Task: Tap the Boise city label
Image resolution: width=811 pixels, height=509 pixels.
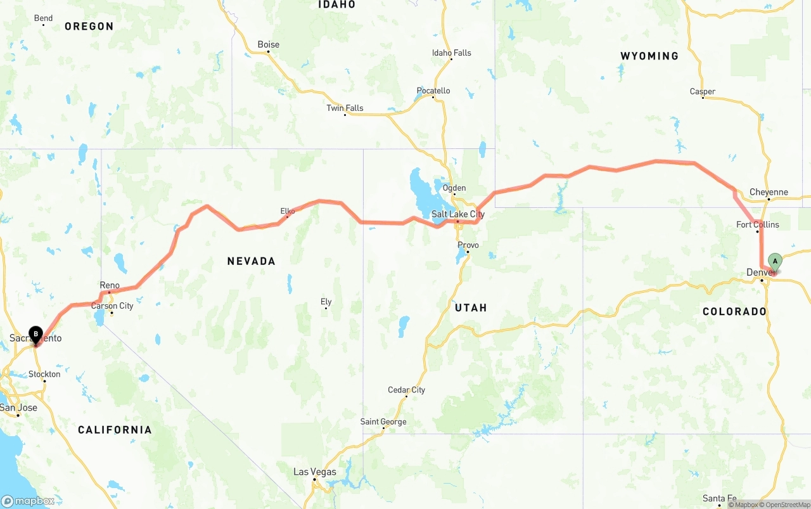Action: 269,44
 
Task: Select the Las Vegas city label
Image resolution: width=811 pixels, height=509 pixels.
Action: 315,472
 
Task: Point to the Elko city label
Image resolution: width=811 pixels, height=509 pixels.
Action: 288,211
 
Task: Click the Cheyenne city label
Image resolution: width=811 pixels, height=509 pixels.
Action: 769,192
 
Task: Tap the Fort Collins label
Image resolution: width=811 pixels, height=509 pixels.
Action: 758,224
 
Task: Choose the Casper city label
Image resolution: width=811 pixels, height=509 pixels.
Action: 703,91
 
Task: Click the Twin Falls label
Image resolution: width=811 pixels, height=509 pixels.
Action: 345,108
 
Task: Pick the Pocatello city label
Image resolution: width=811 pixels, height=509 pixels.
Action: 433,91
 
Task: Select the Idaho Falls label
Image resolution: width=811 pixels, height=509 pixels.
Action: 452,53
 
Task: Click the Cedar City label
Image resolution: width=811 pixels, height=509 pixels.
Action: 407,390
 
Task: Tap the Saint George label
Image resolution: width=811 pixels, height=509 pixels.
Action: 383,422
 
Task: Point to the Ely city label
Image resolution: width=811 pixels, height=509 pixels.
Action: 326,302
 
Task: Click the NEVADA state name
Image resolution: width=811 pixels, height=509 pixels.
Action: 252,261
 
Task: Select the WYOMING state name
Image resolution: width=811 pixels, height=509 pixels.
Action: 649,56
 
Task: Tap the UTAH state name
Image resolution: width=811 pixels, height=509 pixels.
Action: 471,307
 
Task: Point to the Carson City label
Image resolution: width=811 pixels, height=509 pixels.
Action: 112,306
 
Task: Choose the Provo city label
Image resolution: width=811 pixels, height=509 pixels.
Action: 468,245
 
